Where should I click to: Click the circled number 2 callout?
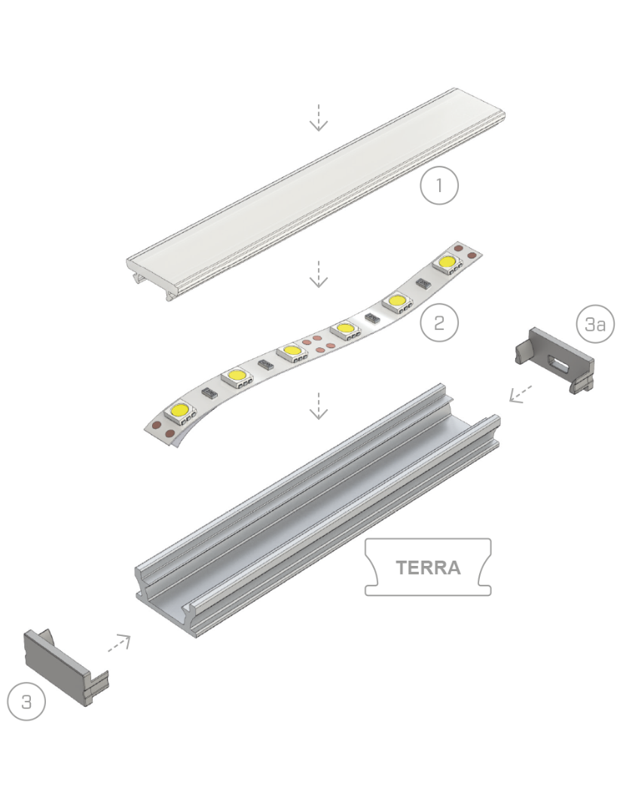tap(439, 323)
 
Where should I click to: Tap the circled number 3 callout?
tap(26, 702)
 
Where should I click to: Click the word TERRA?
tap(428, 567)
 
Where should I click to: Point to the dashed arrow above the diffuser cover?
tap(319, 117)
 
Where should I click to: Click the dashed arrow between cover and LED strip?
tap(319, 274)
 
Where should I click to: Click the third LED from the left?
tap(290, 351)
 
